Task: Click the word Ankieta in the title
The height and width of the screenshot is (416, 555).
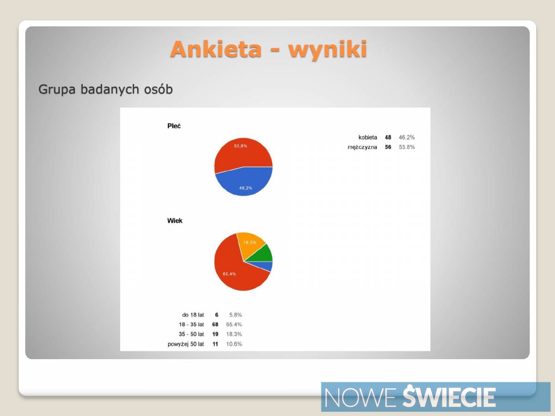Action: (x=216, y=49)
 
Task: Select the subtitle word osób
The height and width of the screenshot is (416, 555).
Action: (x=158, y=89)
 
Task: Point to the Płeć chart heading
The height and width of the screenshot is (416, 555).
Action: (x=174, y=126)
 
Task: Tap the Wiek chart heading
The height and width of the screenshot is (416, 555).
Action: (x=175, y=221)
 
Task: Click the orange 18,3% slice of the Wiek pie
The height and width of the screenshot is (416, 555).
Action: (x=250, y=243)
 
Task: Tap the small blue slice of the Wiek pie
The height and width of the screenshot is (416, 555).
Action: (x=264, y=266)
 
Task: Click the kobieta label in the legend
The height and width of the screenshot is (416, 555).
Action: (x=368, y=137)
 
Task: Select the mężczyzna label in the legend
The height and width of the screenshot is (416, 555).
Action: (x=362, y=147)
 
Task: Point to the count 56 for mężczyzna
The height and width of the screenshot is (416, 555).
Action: (x=388, y=147)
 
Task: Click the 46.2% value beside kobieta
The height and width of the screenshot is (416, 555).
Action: (x=407, y=137)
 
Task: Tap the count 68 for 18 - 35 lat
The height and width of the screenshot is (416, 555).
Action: (x=215, y=324)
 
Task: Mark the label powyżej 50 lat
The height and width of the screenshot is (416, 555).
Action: (x=185, y=344)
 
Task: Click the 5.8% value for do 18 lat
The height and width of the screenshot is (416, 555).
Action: (x=235, y=315)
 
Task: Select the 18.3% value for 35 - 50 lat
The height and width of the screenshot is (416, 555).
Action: (x=234, y=334)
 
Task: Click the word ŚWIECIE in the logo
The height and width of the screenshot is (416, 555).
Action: (x=449, y=397)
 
